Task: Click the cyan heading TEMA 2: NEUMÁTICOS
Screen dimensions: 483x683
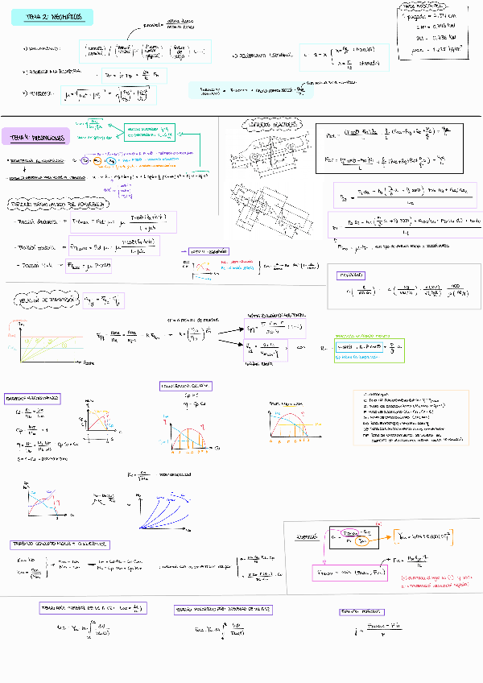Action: tap(59, 17)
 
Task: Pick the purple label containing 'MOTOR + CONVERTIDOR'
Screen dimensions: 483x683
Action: tap(60, 544)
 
